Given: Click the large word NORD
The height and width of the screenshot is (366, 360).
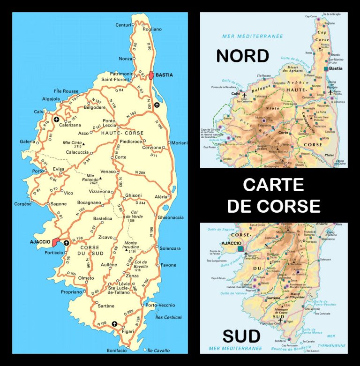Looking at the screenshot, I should [242, 56].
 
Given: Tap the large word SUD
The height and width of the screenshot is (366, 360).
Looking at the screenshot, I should [241, 336].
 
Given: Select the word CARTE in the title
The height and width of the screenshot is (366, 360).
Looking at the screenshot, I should [273, 185].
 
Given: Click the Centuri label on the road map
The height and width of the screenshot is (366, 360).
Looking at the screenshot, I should [124, 24].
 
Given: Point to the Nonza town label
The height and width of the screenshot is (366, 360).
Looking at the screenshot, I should [125, 59].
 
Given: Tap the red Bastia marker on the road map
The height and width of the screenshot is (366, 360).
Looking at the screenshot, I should [151, 75].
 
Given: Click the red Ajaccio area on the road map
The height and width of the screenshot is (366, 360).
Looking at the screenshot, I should [57, 242].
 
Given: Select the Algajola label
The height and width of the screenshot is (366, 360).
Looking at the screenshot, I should [51, 99].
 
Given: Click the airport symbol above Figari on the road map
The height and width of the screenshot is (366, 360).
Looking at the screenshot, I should [114, 323].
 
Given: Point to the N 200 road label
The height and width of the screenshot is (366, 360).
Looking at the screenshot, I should [139, 173].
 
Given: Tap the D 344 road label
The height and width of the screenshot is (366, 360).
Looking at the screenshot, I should [141, 203].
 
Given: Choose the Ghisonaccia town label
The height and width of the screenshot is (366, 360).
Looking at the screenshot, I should [171, 217].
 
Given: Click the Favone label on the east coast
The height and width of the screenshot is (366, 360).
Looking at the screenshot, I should [168, 265].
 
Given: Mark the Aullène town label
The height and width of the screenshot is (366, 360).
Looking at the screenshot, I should [109, 265].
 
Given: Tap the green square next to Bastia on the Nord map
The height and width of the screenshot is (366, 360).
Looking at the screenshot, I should [326, 68].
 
